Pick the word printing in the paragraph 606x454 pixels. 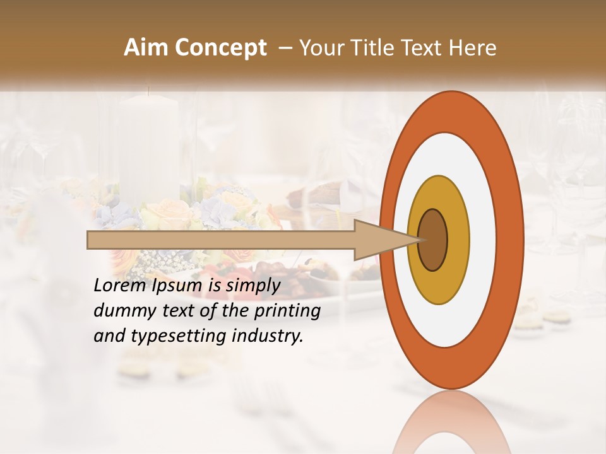tap(287, 311)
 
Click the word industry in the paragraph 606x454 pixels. tap(268, 336)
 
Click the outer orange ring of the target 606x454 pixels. tap(511, 240)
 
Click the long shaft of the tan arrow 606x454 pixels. tap(221, 240)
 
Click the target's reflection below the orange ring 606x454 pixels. tap(451, 422)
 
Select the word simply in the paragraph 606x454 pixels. tap(252, 286)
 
